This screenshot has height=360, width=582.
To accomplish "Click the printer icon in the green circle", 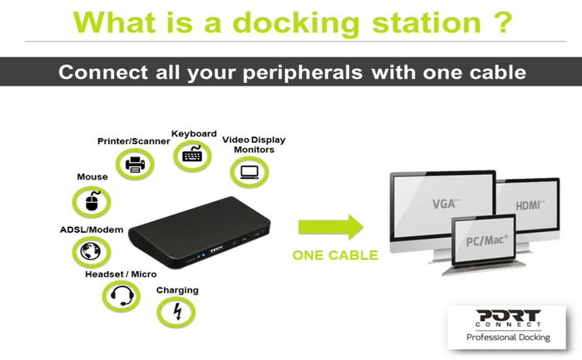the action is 135,165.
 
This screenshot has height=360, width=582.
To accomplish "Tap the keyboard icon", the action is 192,154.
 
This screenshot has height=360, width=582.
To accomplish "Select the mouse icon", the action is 92,201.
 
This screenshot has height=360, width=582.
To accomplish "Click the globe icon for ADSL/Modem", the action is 90,252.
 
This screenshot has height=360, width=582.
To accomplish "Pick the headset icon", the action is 122,295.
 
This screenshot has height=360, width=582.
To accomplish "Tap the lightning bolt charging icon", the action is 178,311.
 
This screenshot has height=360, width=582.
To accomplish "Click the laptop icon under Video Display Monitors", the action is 249,172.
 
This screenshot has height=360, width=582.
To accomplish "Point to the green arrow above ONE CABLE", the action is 331,226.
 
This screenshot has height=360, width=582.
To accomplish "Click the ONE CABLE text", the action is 335,255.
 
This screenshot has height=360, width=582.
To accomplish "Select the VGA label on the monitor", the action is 445,204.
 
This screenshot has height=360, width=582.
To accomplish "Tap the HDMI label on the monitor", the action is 530,205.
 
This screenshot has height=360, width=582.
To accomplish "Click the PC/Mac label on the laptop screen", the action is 486,241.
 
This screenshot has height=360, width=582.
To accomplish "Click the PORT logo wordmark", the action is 508,316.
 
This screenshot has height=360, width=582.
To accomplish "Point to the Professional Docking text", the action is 508,338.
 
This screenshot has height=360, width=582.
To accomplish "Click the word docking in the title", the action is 296,23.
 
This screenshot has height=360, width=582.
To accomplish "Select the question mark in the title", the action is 503,22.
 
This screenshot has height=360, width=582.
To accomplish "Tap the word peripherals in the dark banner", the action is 303,72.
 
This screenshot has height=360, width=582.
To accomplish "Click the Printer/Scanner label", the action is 134,141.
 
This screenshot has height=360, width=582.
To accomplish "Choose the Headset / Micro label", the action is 121,274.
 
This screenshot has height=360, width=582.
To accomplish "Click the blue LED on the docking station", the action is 204,255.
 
